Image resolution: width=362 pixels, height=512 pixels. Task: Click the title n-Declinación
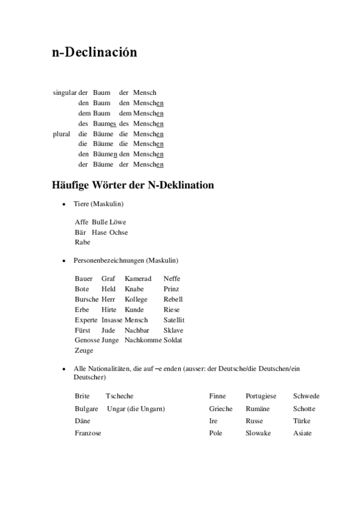pyautogui.click(x=94, y=53)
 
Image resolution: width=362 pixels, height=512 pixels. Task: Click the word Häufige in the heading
pyautogui.click(x=73, y=185)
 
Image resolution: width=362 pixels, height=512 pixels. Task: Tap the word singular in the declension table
pyautogui.click(x=65, y=92)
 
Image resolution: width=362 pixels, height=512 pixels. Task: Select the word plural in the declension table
pyautogui.click(x=62, y=133)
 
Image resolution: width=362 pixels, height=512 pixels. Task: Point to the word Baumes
pyautogui.click(x=105, y=123)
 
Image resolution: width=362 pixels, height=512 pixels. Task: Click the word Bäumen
pyautogui.click(x=105, y=154)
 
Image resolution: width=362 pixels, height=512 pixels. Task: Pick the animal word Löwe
pyautogui.click(x=118, y=222)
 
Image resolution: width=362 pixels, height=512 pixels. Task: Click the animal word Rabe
pyautogui.click(x=82, y=242)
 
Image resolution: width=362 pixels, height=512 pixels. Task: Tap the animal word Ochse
pyautogui.click(x=118, y=232)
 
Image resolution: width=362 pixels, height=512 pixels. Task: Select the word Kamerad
pyautogui.click(x=138, y=278)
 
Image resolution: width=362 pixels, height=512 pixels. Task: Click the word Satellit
pyautogui.click(x=173, y=319)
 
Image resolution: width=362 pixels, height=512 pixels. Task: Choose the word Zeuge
pyautogui.click(x=84, y=350)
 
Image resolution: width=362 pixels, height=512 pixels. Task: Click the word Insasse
pyautogui.click(x=112, y=319)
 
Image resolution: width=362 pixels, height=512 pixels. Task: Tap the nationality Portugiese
pyautogui.click(x=260, y=396)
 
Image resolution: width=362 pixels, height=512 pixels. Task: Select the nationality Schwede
pyautogui.click(x=306, y=396)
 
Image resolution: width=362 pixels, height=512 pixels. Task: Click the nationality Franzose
pyautogui.click(x=88, y=433)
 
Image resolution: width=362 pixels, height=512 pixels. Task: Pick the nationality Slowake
pyautogui.click(x=258, y=433)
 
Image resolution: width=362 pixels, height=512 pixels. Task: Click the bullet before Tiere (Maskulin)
pyautogui.click(x=63, y=205)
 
